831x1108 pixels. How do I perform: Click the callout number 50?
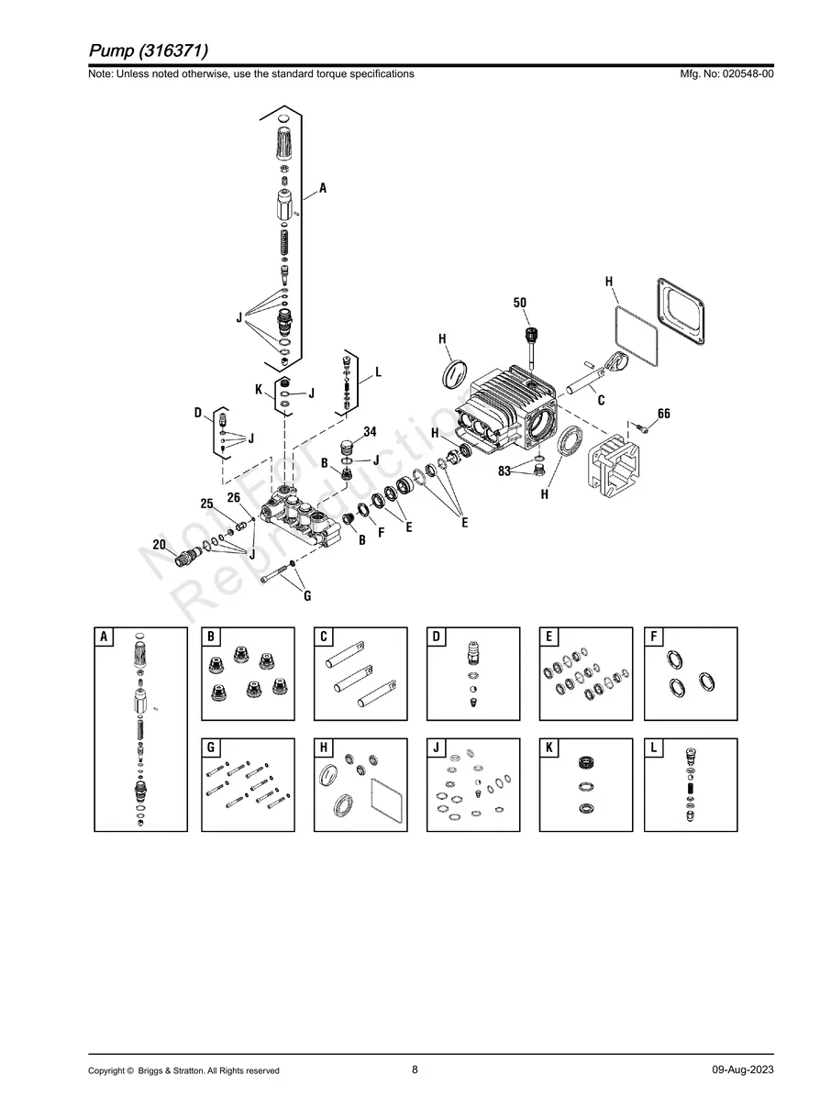[x=520, y=302]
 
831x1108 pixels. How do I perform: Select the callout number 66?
[x=664, y=414]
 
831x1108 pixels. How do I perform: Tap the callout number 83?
[x=504, y=471]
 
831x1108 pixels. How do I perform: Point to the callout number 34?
[x=370, y=431]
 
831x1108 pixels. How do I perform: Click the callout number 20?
[x=159, y=544]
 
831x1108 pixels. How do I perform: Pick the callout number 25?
[x=206, y=504]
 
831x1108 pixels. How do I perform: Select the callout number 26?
[x=234, y=496]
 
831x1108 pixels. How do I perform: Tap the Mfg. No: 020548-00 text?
[x=725, y=74]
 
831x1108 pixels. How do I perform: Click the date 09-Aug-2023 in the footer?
[x=742, y=1069]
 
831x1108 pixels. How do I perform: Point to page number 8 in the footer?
[x=415, y=1069]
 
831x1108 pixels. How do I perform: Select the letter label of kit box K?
[x=548, y=748]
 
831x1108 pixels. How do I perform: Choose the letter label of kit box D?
[x=437, y=637]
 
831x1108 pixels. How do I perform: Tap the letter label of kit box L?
[x=654, y=748]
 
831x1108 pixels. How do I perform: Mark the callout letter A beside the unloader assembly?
[x=323, y=188]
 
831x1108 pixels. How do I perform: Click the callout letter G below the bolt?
[x=307, y=596]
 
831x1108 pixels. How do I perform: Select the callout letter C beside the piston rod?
[x=601, y=399]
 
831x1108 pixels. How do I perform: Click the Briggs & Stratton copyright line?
[x=183, y=1070]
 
